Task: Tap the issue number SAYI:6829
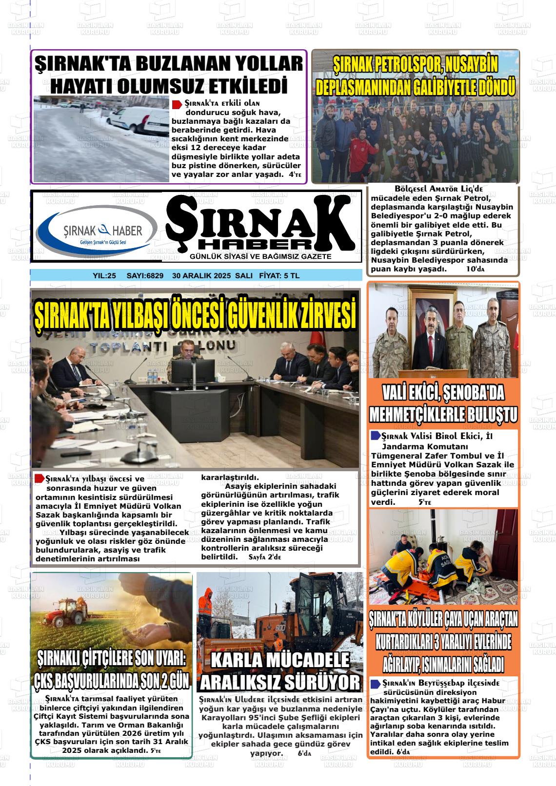click(x=144, y=276)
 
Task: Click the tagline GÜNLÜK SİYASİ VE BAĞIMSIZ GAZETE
click(x=260, y=256)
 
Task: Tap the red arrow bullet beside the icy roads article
click(x=178, y=104)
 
